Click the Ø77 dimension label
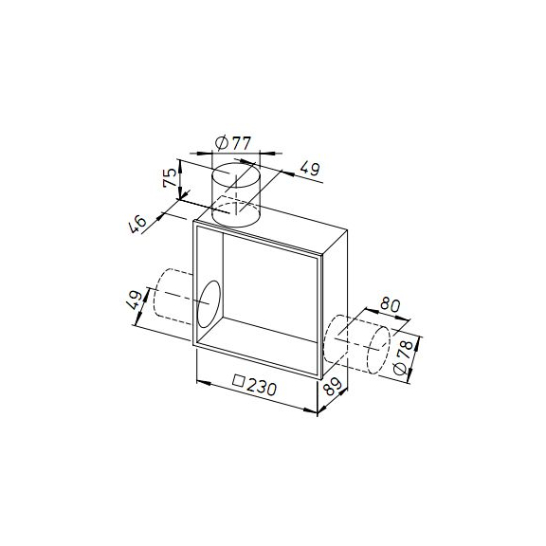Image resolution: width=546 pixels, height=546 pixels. (x=233, y=143)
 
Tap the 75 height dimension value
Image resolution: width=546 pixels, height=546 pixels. (x=172, y=177)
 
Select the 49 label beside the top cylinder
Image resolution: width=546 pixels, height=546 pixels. (x=310, y=169)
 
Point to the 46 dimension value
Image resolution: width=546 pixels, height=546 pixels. (x=137, y=224)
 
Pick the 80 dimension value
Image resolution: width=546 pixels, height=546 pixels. (x=390, y=304)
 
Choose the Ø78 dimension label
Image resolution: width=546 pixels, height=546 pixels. (x=403, y=357)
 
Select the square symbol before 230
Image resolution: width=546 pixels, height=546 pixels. (x=239, y=380)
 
